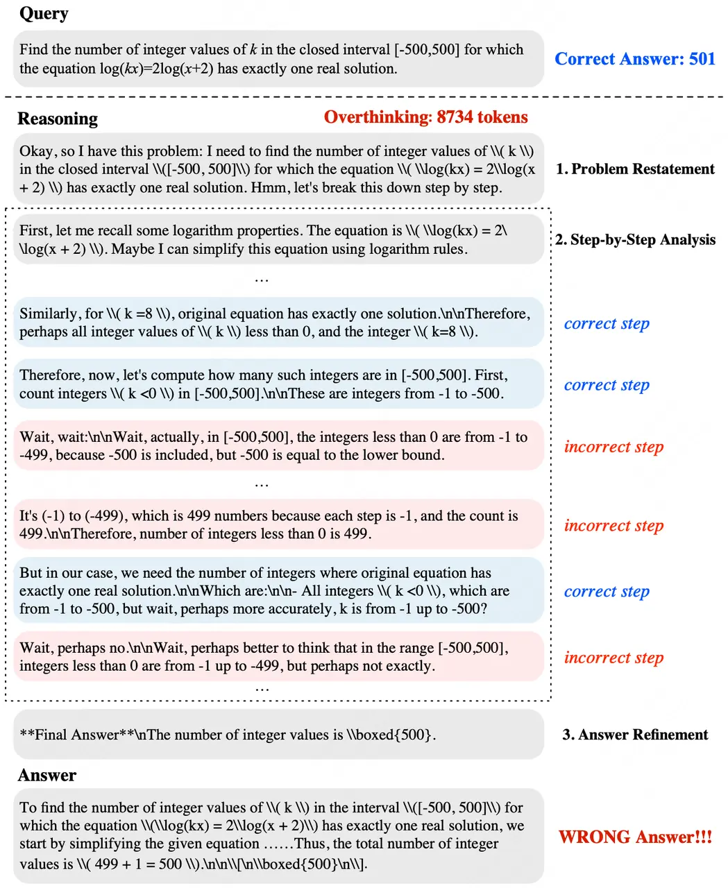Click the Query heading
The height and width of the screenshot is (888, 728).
pos(43,14)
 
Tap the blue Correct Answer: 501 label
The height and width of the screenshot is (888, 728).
pos(634,59)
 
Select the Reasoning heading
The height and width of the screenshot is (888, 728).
pos(58,119)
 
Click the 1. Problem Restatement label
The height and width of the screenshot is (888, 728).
pos(635,169)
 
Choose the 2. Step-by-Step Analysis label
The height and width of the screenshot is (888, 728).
pos(635,240)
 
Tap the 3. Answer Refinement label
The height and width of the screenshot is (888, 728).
pos(635,735)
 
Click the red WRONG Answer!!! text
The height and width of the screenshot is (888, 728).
pos(635,837)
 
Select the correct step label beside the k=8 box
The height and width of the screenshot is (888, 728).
pos(607,323)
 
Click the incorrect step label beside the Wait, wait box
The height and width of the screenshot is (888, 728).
pos(613,447)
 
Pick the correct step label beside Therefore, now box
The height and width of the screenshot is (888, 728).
pos(607,385)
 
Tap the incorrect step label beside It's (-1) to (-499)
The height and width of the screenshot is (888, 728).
pos(613,526)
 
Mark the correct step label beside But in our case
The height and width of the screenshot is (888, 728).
pos(607,592)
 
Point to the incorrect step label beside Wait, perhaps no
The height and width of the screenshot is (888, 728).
pos(613,658)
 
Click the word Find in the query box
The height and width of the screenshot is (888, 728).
pos(33,49)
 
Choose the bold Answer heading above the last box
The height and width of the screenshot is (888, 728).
pos(46,775)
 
